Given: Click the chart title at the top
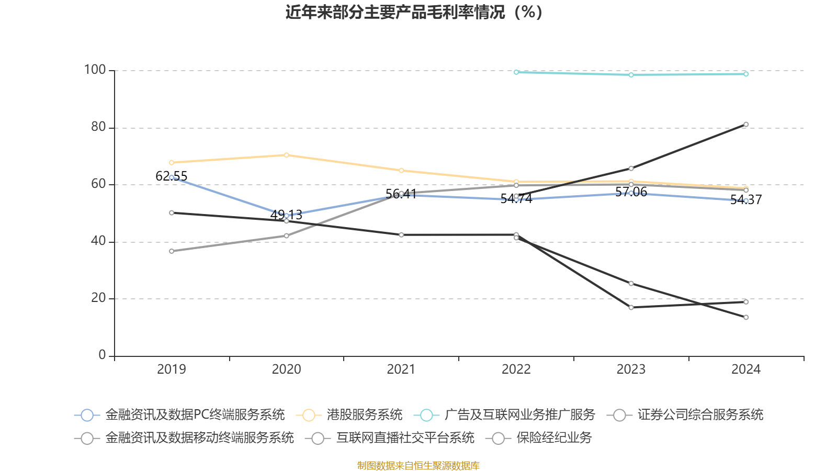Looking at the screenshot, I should pos(414,12).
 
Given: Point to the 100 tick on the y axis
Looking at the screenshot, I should pos(95,70).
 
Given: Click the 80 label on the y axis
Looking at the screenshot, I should pos(98,127).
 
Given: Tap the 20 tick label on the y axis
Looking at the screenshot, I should pos(98,298).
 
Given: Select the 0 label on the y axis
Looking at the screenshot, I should pos(102,355).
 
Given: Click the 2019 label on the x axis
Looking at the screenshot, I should pos(172,369).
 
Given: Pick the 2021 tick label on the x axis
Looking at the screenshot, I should pos(401,369).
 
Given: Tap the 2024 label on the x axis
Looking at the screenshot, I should pos(746,369).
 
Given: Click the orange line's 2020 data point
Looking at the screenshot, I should pos(286,155).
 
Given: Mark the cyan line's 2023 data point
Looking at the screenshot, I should pos(631,75).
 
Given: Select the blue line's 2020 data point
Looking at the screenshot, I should pos(286,216).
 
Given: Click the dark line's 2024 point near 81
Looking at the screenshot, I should pos(746,125).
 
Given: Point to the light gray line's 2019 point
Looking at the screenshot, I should pos(172,251).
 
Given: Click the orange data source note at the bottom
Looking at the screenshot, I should pos(418,465).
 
